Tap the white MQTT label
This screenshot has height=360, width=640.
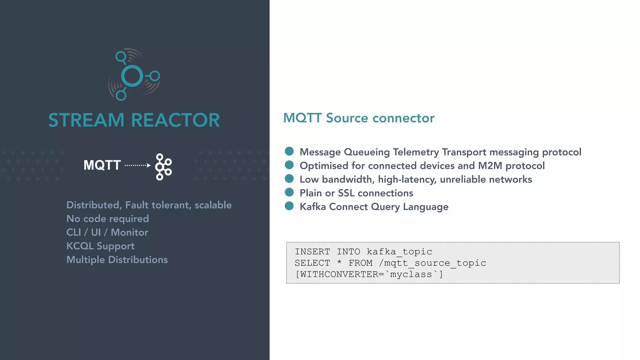[102, 165]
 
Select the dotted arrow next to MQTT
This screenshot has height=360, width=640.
[137, 165]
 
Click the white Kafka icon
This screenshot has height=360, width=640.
[163, 167]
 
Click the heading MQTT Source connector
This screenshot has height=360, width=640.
[358, 118]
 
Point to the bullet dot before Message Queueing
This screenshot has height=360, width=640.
[289, 151]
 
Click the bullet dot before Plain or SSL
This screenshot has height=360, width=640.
[289, 192]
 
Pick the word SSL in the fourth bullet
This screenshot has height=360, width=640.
[346, 193]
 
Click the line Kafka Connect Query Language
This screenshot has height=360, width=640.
[374, 207]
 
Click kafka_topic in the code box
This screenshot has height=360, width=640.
[399, 252]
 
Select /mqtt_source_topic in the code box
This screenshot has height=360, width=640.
[432, 263]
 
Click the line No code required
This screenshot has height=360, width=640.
[107, 219]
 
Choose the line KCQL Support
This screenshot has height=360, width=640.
[100, 246]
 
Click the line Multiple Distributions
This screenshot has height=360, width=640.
[117, 260]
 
